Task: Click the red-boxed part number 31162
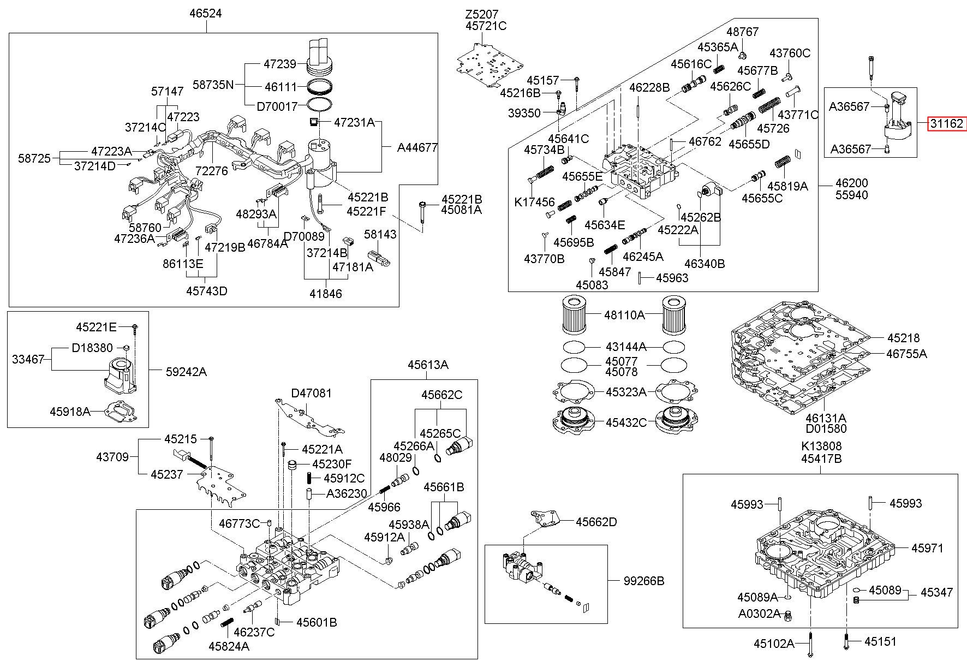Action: tap(947, 123)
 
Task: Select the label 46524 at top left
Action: tap(206, 13)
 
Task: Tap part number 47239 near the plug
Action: tap(280, 64)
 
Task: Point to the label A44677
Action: tap(417, 147)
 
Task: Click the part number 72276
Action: tap(211, 171)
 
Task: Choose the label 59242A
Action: tap(187, 372)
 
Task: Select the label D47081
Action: tap(311, 393)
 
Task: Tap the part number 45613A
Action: tap(428, 365)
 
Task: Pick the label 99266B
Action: tap(644, 581)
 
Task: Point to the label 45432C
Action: tap(626, 422)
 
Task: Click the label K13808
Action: tap(821, 446)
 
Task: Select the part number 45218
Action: tap(903, 338)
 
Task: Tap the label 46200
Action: tap(851, 183)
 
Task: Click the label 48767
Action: tap(742, 32)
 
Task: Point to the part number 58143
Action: tap(380, 234)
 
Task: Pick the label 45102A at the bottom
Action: tap(774, 644)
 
